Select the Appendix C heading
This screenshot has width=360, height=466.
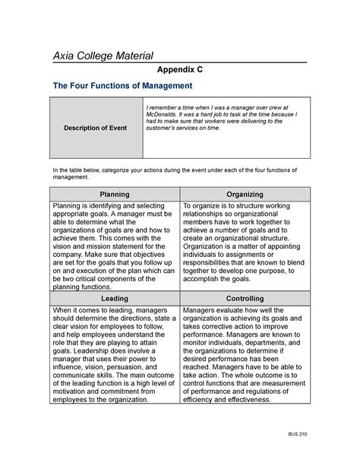tap(179, 69)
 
